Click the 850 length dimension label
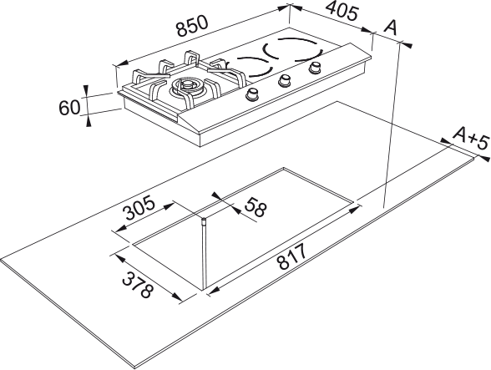coord(192,25)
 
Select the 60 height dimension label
coord(69,108)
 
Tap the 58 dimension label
coord(256,207)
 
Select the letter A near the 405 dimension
coord(391,28)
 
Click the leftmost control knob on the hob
coord(252,94)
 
